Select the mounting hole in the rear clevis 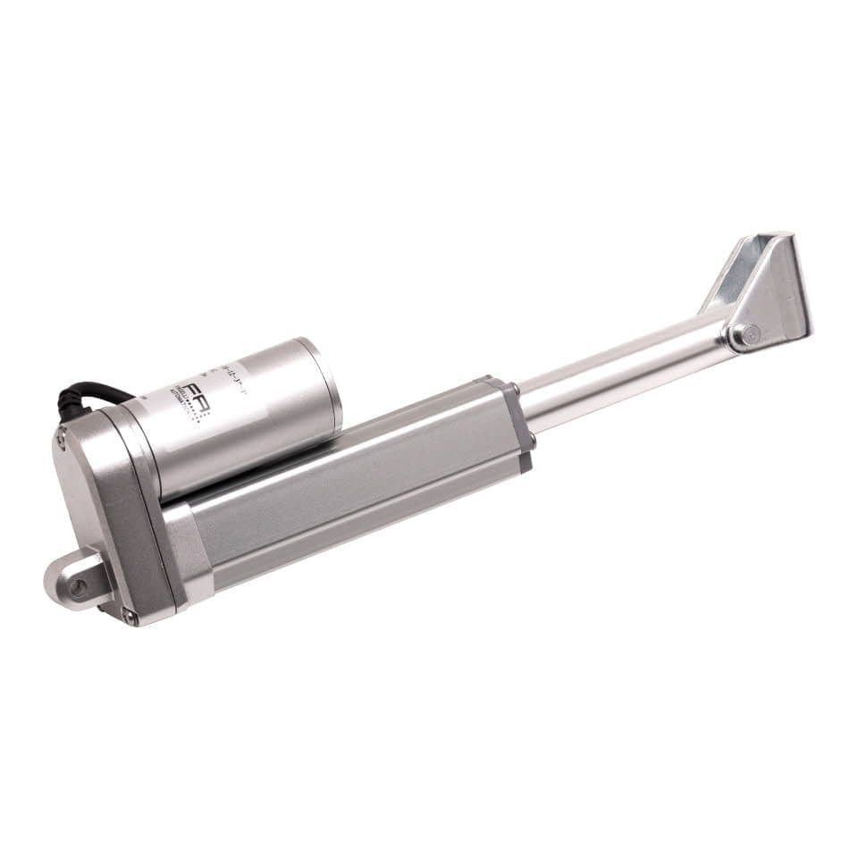point(79,587)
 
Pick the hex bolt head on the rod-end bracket point(747,336)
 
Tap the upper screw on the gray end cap point(515,391)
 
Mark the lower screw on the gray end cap point(532,440)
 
